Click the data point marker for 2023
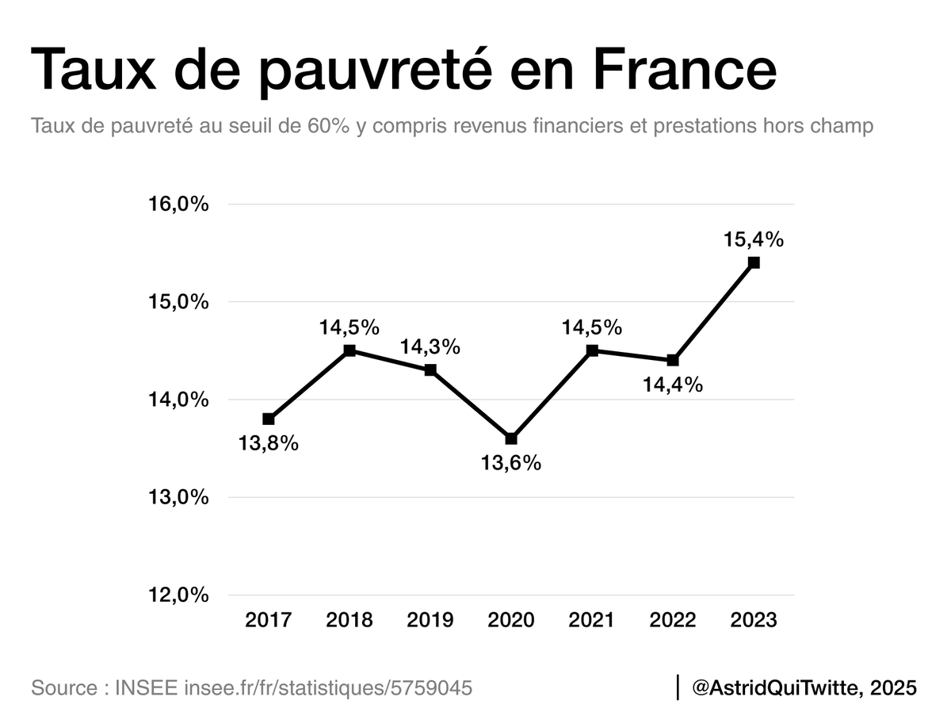tap(754, 262)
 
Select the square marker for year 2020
tap(511, 438)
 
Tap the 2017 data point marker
tap(269, 419)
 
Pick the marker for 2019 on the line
tap(430, 370)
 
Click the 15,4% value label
tap(753, 239)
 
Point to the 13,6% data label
tap(511, 463)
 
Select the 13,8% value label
tap(269, 443)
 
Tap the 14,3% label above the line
tap(430, 347)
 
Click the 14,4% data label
tap(673, 385)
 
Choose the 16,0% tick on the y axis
tap(179, 204)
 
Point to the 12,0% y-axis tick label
tap(179, 595)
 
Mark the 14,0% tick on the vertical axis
tap(179, 400)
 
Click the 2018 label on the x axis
tap(349, 619)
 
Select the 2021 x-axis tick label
tap(592, 619)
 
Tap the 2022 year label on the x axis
tap(673, 619)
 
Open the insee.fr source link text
tap(328, 687)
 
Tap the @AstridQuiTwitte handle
tap(776, 687)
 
